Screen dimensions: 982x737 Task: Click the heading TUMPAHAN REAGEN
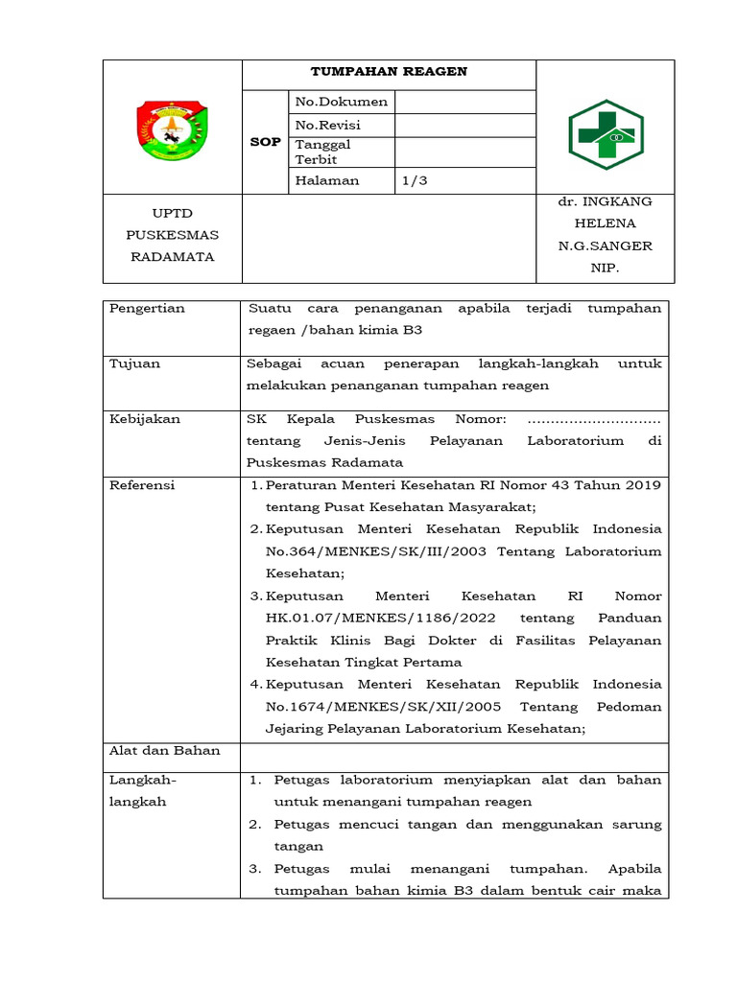pyautogui.click(x=388, y=72)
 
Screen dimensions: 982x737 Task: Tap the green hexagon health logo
pyautogui.click(x=606, y=135)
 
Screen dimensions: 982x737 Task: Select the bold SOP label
pyautogui.click(x=265, y=142)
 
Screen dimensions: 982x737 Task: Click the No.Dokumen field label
pyautogui.click(x=341, y=102)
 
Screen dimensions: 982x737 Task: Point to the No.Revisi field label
pyautogui.click(x=329, y=126)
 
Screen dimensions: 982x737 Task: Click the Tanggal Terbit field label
pyautogui.click(x=323, y=152)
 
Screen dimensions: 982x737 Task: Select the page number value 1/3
pyautogui.click(x=415, y=180)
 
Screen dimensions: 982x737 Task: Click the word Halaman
pyautogui.click(x=327, y=180)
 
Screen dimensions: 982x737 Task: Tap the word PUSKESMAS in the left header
pyautogui.click(x=173, y=235)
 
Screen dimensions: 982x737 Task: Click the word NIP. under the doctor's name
pyautogui.click(x=605, y=269)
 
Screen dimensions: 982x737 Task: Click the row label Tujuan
pyautogui.click(x=135, y=364)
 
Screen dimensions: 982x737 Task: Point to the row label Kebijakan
pyautogui.click(x=145, y=419)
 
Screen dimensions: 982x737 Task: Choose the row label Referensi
pyautogui.click(x=142, y=485)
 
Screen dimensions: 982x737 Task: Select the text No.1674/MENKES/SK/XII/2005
pyautogui.click(x=373, y=707)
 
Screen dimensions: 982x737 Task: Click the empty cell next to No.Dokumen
pyautogui.click(x=464, y=102)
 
